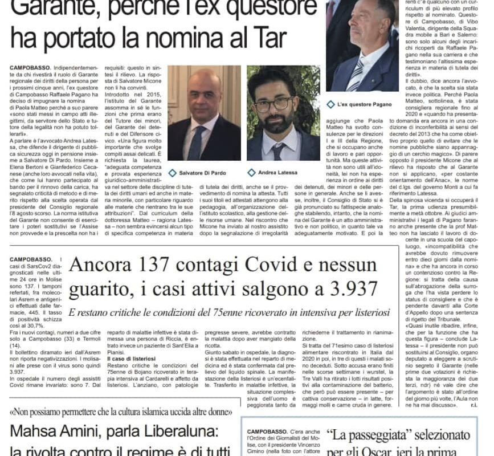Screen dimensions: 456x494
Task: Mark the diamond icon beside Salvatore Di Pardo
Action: (172, 172)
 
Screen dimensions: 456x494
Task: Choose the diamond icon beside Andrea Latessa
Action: (251, 172)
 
